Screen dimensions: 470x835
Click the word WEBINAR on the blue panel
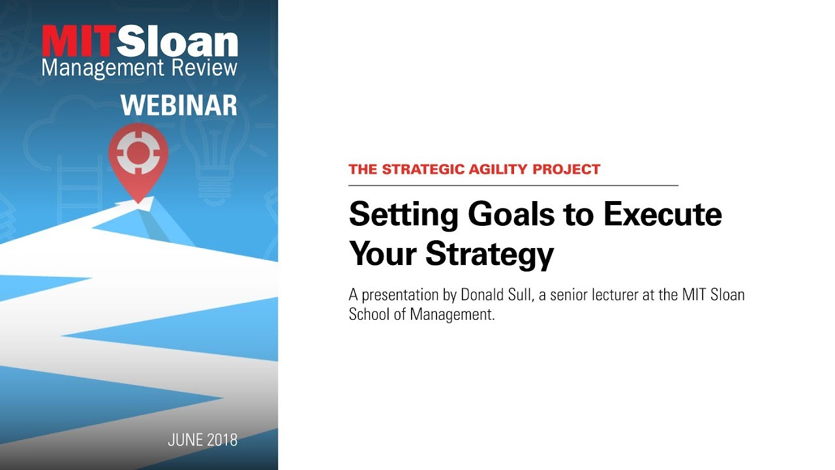(179, 104)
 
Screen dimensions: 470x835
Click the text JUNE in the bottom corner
(185, 440)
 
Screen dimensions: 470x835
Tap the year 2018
(222, 440)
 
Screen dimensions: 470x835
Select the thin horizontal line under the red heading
(513, 185)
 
